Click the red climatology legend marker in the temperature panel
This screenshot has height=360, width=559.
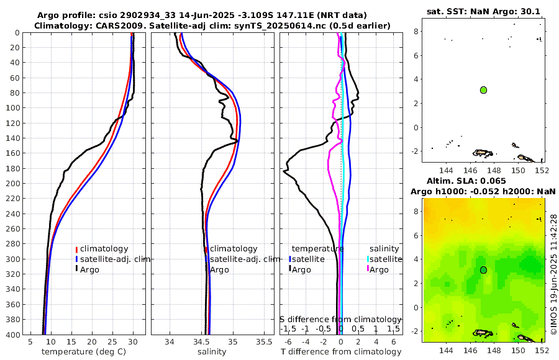pos(76,249)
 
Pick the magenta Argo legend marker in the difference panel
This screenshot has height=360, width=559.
pos(368,269)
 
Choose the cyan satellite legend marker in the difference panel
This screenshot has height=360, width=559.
pos(368,259)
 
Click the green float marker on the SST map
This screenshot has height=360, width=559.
pos(483,90)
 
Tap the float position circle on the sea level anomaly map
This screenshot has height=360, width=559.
pos(483,270)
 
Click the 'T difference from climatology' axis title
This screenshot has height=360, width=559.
pos(341,352)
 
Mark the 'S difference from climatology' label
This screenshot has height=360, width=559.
pos(341,319)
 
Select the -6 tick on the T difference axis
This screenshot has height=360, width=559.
pos(288,341)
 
